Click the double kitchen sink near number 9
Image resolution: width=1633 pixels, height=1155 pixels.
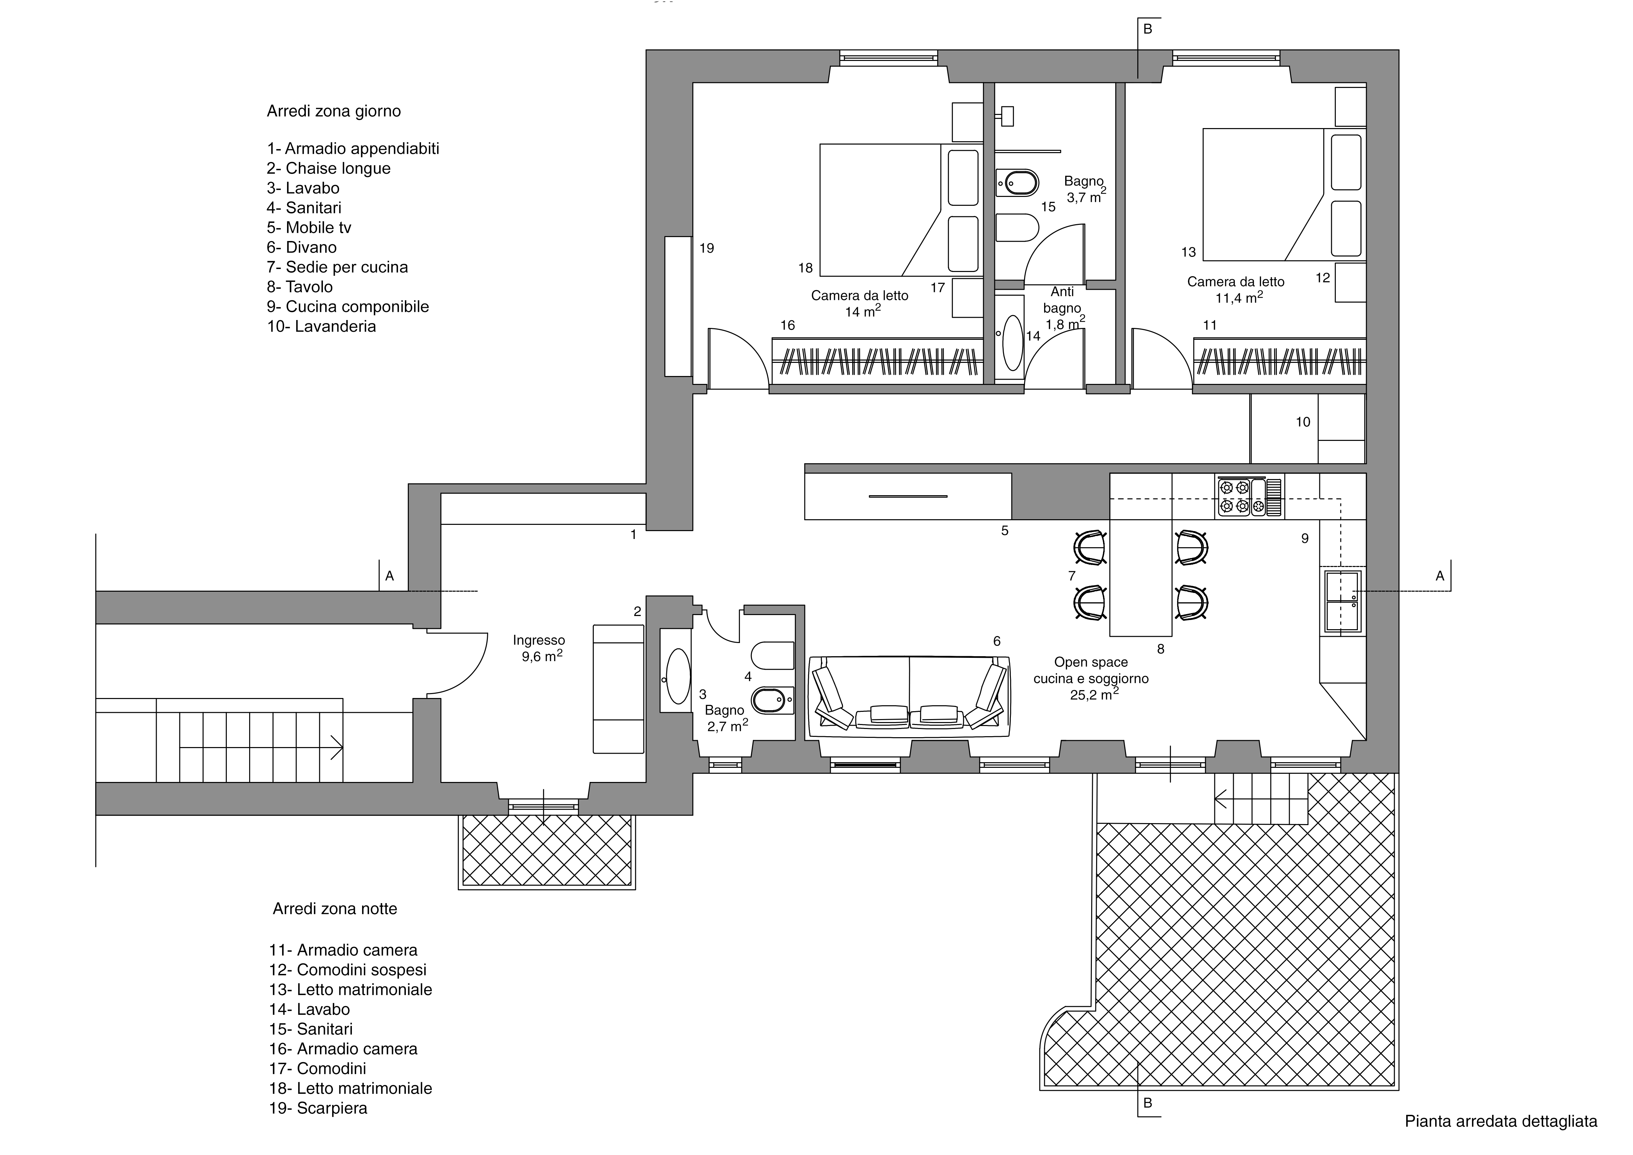point(1341,602)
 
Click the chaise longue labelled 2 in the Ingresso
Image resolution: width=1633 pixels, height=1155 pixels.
point(619,688)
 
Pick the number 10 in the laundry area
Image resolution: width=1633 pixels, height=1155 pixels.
point(1303,422)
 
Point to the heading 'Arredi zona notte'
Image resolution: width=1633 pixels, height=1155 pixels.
point(335,909)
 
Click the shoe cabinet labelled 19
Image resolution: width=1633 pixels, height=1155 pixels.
point(678,307)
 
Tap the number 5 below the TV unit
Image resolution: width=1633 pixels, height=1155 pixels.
point(1005,530)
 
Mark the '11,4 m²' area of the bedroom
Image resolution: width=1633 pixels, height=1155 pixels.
point(1239,297)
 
